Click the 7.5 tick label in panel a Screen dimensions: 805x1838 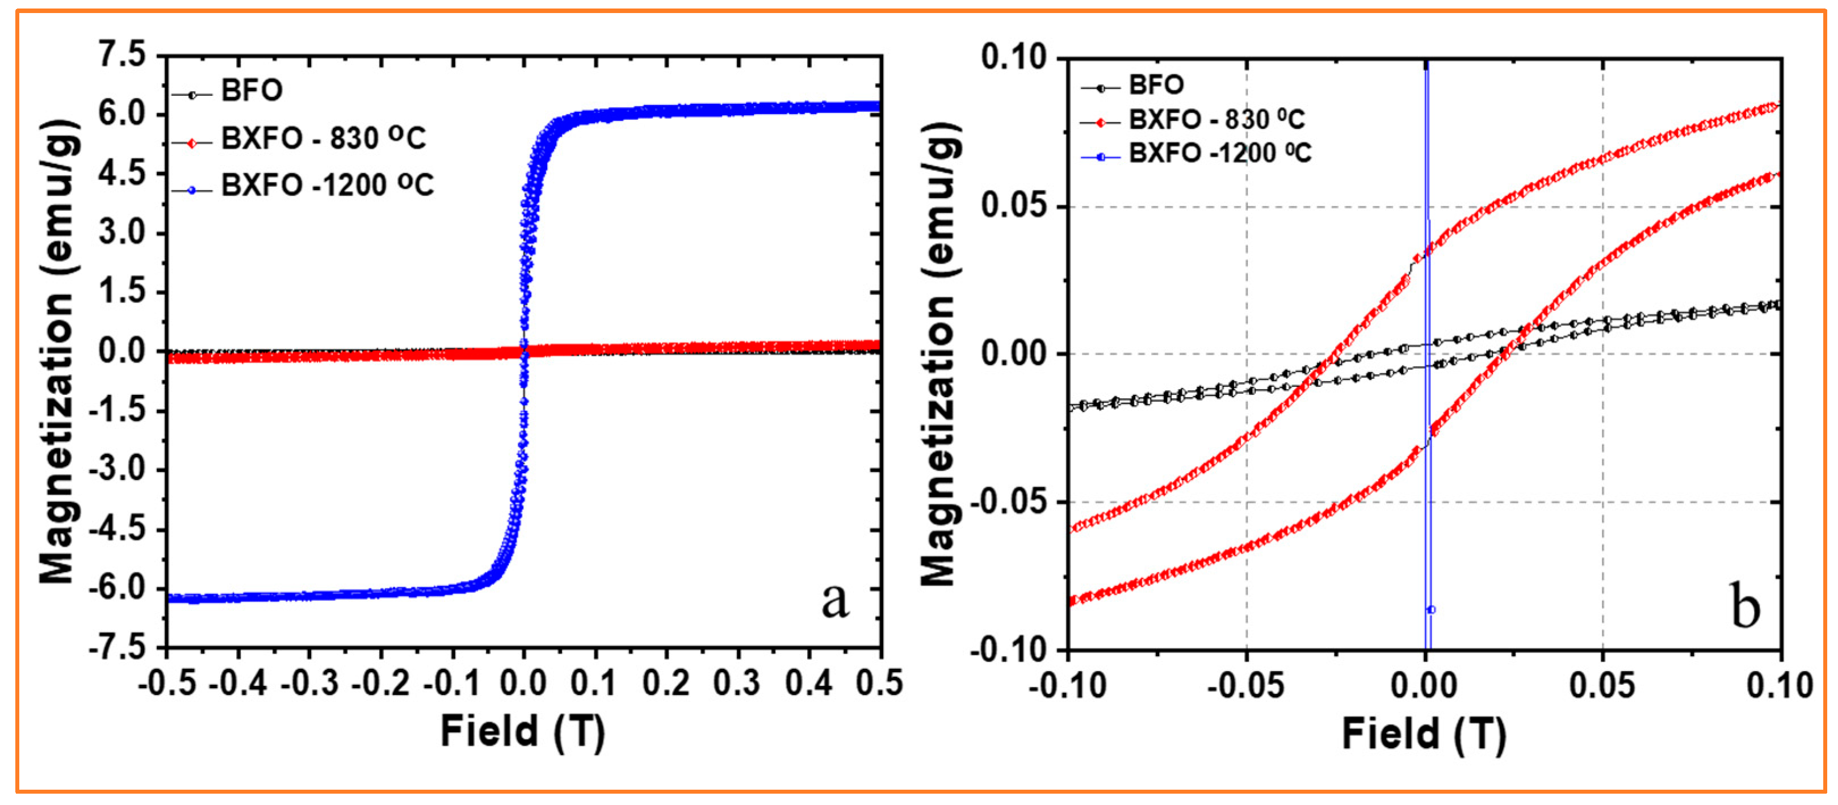[122, 55]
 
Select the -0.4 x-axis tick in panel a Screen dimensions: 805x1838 [238, 683]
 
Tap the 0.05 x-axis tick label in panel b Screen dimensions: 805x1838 [1602, 685]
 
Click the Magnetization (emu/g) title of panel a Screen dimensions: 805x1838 [57, 353]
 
